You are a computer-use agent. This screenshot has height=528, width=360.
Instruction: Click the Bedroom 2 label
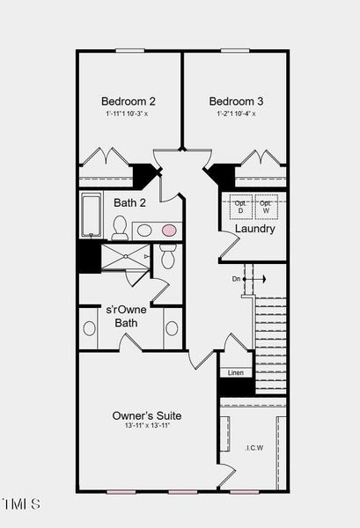tap(129, 100)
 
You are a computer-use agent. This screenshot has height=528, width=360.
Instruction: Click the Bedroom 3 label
tap(236, 100)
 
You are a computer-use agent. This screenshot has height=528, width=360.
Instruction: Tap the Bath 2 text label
tap(129, 202)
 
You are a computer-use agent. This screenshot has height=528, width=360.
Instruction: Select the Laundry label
tap(254, 229)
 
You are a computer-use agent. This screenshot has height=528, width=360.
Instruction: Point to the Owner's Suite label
tap(147, 414)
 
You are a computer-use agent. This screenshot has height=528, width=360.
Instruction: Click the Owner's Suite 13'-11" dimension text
tap(147, 426)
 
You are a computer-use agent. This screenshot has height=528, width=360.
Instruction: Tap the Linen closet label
tap(236, 373)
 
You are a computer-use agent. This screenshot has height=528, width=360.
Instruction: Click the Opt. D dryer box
tap(239, 207)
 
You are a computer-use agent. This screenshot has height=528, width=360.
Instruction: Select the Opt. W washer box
tap(266, 207)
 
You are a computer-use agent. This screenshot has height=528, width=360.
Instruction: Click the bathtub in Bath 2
tap(91, 216)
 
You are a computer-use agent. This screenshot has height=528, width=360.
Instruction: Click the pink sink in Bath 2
tap(168, 231)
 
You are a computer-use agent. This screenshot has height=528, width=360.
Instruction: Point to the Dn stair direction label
tap(236, 279)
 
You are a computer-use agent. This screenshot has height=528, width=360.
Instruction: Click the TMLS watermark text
tap(20, 504)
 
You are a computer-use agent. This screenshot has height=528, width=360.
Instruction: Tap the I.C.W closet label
tap(253, 447)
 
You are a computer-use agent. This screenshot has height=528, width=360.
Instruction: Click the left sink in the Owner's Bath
tap(89, 328)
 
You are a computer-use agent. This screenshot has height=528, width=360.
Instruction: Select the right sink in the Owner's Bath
tap(172, 328)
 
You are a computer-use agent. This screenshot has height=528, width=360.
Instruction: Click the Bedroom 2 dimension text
tap(129, 114)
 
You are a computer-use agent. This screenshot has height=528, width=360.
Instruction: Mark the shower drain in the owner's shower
tap(125, 256)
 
